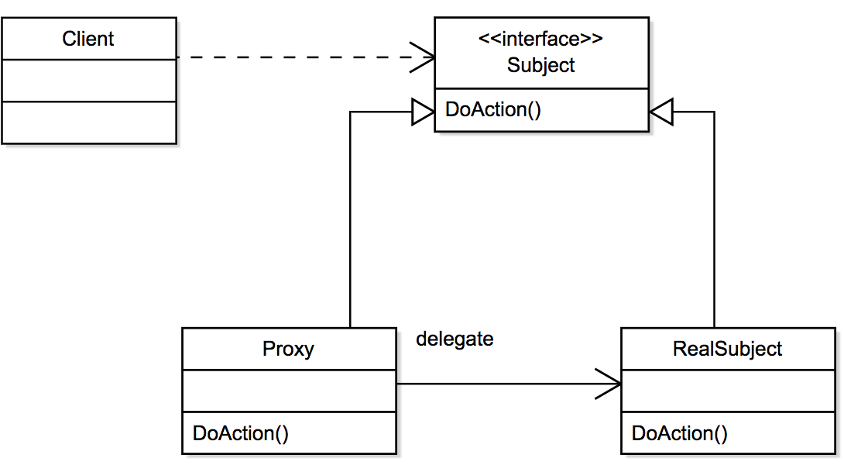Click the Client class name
click(x=87, y=39)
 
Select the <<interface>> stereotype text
click(x=540, y=39)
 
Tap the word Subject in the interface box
click(x=540, y=65)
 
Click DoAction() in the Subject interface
click(x=493, y=109)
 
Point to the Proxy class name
click(x=288, y=349)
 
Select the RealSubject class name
click(x=727, y=349)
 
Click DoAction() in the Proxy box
click(x=241, y=433)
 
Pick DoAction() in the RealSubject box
click(x=679, y=433)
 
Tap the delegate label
click(x=455, y=339)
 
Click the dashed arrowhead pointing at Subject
click(x=423, y=57)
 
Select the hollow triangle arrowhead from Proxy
click(x=423, y=112)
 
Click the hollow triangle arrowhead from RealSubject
click(x=661, y=112)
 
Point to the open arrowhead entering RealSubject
click(x=609, y=384)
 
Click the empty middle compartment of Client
click(x=89, y=81)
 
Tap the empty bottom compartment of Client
click(x=89, y=123)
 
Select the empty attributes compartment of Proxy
click(x=289, y=391)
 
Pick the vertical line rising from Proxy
click(x=351, y=219)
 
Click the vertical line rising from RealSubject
click(x=714, y=219)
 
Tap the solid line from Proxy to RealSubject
click(x=509, y=384)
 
